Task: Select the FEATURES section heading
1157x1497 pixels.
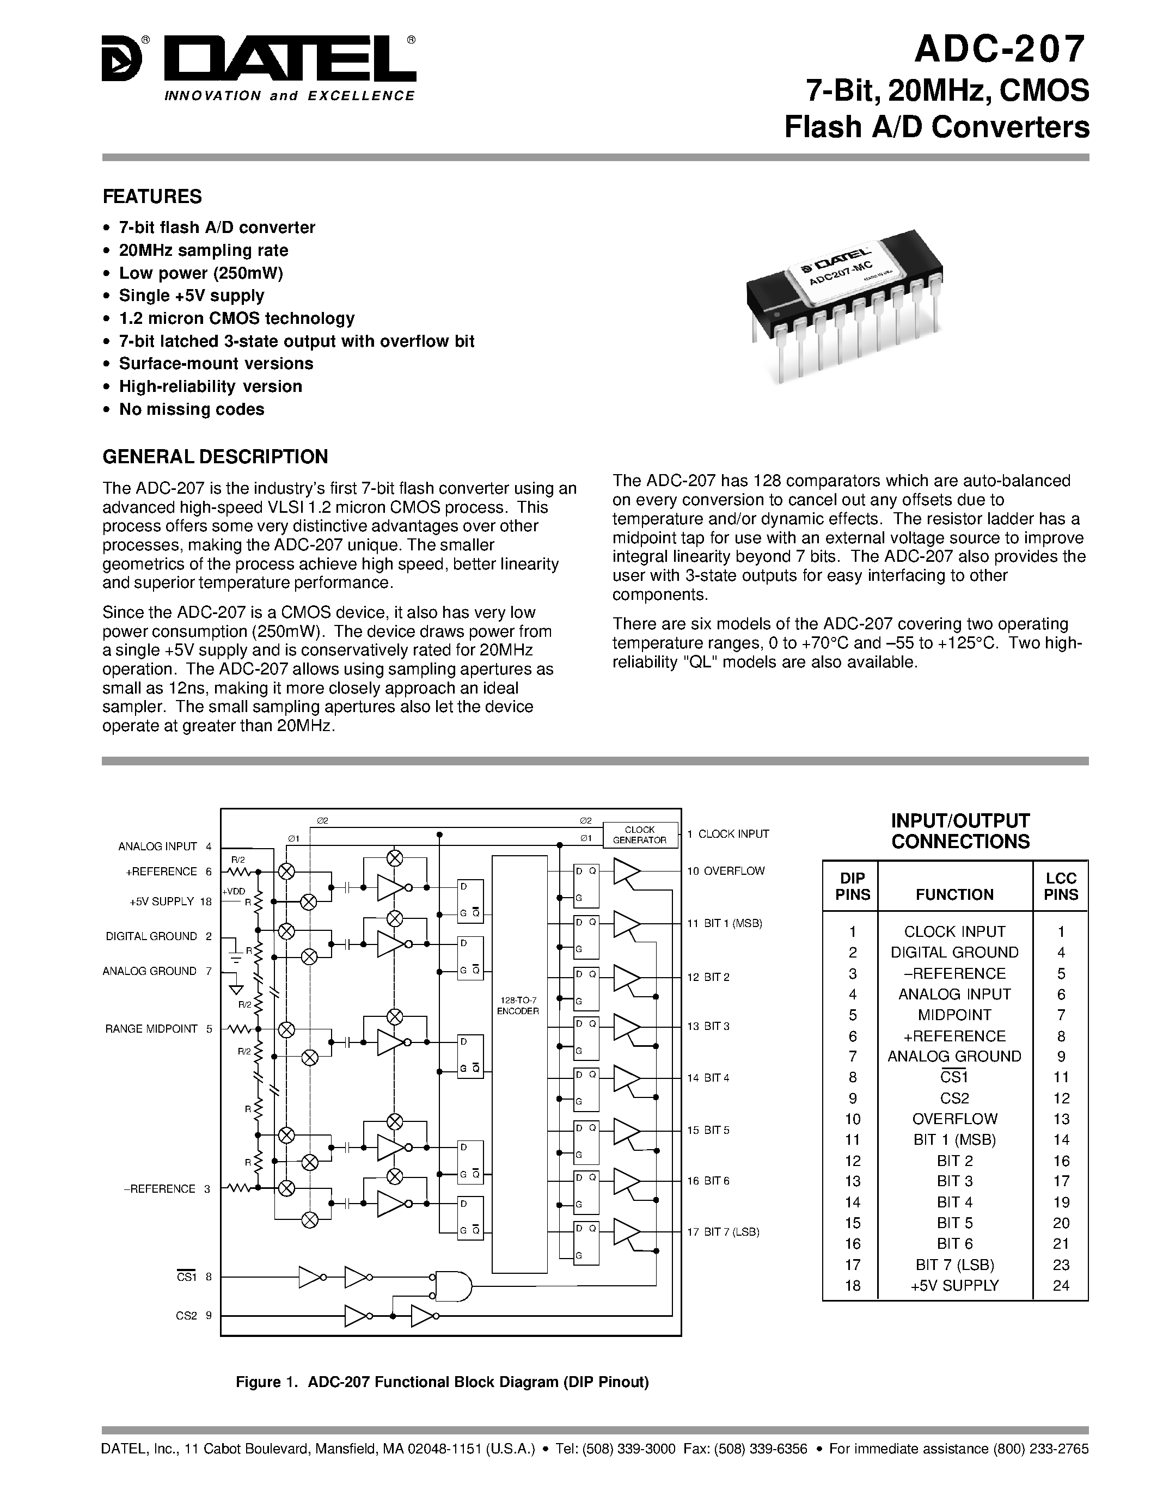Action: pos(152,197)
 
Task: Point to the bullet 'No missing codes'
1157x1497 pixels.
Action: pos(191,409)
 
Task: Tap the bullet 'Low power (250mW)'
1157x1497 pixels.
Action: pos(200,273)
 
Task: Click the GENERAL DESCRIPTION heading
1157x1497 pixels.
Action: pos(215,457)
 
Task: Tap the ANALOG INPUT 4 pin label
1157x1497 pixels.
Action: pos(164,846)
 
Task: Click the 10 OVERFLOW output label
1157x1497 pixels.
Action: pos(726,871)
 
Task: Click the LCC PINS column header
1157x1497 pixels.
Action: pos(1060,886)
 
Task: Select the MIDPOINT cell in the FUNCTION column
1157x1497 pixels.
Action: pos(954,1015)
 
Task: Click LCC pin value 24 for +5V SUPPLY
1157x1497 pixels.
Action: pos(1060,1286)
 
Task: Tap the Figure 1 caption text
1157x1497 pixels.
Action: pos(442,1382)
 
